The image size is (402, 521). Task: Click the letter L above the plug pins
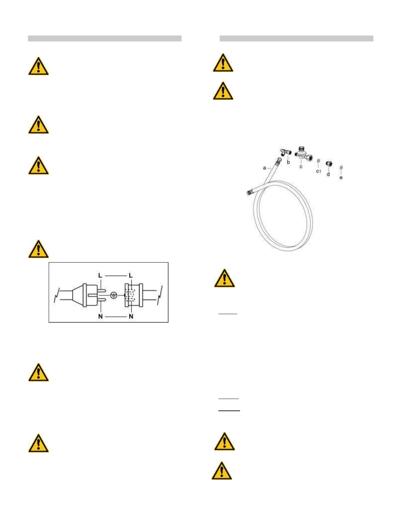point(100,275)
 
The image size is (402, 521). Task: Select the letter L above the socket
point(131,275)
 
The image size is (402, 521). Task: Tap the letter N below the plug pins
point(100,316)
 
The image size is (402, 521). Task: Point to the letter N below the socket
point(131,316)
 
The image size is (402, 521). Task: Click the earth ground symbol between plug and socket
point(114,295)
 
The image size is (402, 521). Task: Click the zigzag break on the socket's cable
point(160,295)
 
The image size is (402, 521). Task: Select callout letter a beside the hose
point(264,168)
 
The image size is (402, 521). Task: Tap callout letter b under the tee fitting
point(288,162)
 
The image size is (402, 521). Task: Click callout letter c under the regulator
point(301,166)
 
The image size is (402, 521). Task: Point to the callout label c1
point(319,171)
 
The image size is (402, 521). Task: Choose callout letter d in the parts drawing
point(328,174)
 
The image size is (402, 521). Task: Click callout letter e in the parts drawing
point(341,178)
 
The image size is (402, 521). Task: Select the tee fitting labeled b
point(286,152)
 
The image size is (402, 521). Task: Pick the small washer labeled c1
point(319,161)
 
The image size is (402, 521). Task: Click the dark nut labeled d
point(328,164)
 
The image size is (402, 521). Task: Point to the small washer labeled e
point(342,168)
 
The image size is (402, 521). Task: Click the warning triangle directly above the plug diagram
point(38,249)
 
